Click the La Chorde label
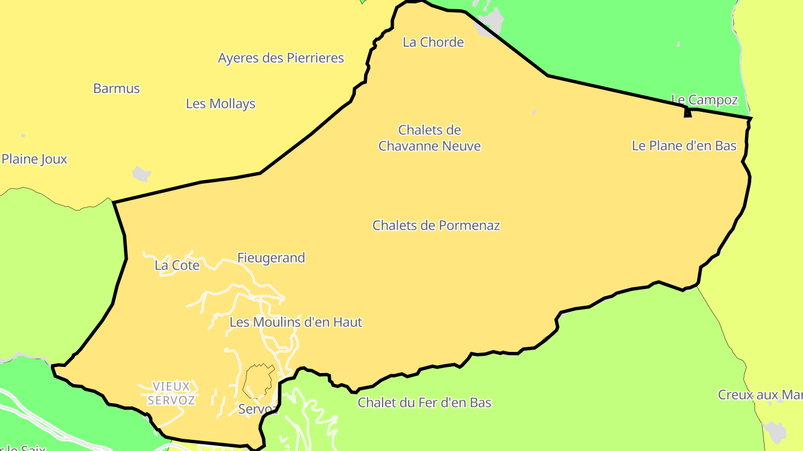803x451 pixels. pyautogui.click(x=433, y=42)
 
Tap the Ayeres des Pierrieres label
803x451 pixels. pyautogui.click(x=280, y=58)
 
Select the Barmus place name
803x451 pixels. pyautogui.click(x=117, y=89)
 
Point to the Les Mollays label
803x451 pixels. pyautogui.click(x=220, y=104)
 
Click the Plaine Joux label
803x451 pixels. pyautogui.click(x=34, y=159)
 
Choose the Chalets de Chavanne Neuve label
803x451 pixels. pyautogui.click(x=429, y=138)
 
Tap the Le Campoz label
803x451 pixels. pyautogui.click(x=704, y=100)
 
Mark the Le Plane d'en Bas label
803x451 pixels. pyautogui.click(x=684, y=146)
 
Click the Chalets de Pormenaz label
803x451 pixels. pyautogui.click(x=436, y=225)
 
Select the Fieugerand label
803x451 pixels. pyautogui.click(x=271, y=258)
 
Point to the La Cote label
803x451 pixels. pyautogui.click(x=177, y=266)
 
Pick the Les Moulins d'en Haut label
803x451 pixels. pyautogui.click(x=296, y=322)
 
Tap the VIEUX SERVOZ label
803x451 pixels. pyautogui.click(x=171, y=393)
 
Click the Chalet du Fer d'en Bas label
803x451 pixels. pyautogui.click(x=424, y=403)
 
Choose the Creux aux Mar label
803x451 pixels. pyautogui.click(x=760, y=395)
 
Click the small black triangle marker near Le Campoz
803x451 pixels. pyautogui.click(x=688, y=113)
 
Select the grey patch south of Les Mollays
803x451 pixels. pyautogui.click(x=142, y=174)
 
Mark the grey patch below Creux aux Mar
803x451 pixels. pyautogui.click(x=775, y=432)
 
